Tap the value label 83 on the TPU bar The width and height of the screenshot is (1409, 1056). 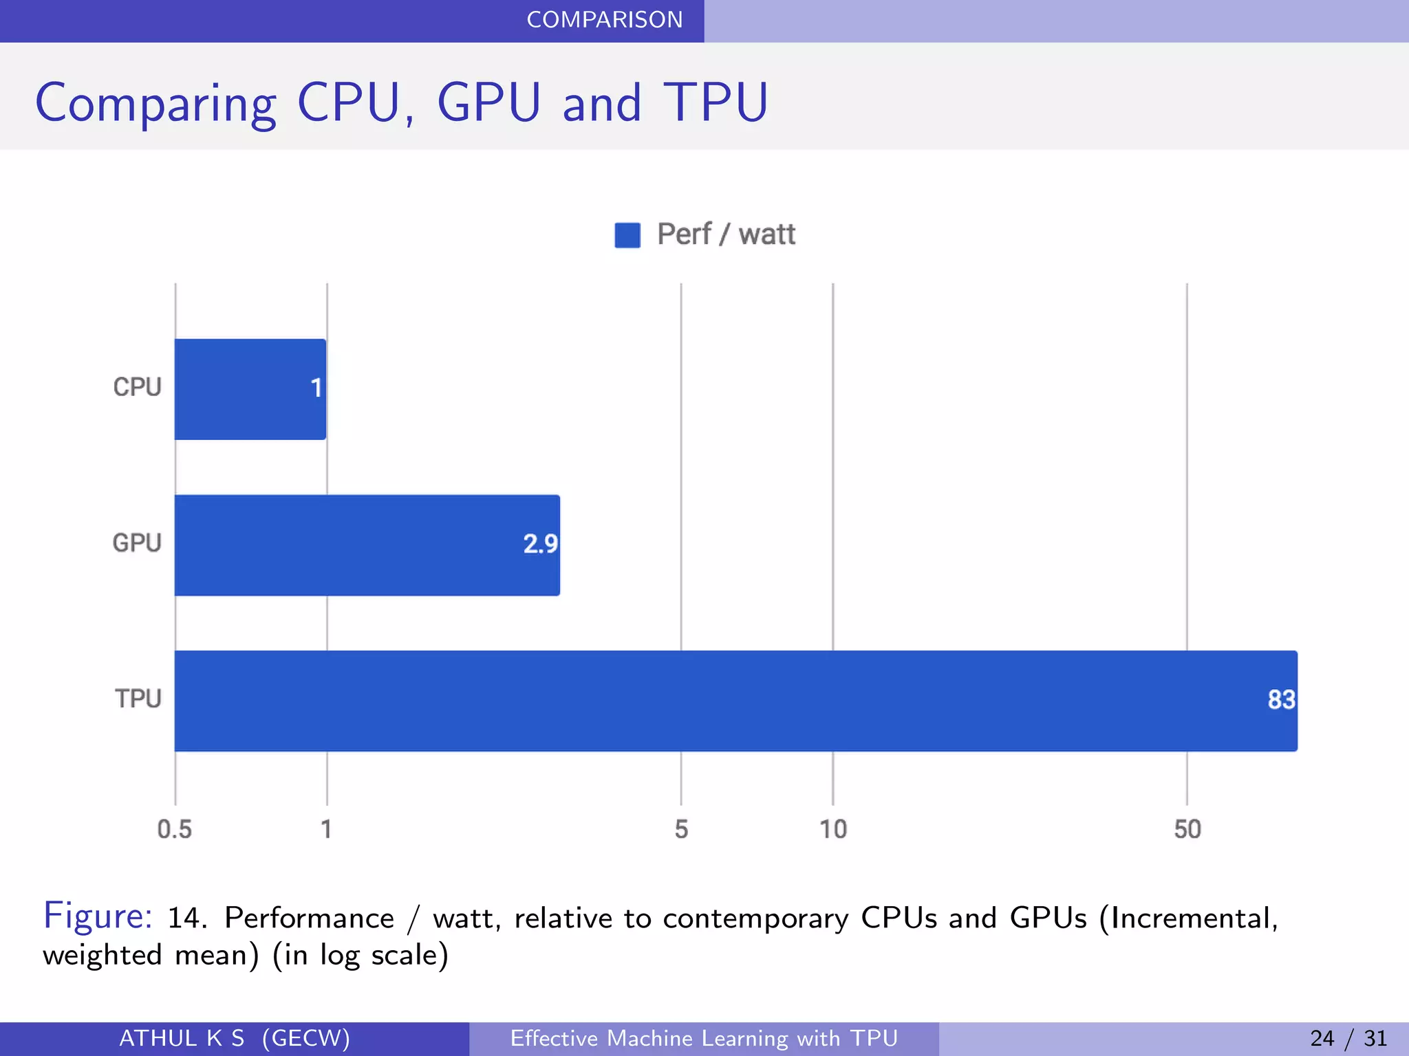tap(1281, 700)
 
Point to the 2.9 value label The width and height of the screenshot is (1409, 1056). tap(540, 544)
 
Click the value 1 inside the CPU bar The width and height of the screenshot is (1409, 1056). tap(316, 388)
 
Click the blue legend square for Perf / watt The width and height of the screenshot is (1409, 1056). tap(627, 235)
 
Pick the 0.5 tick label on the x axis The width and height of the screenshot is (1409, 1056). tap(174, 829)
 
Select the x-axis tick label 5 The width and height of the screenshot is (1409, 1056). tap(681, 829)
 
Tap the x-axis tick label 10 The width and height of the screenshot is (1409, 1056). tap(832, 829)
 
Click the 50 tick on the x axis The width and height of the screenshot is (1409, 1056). tap(1187, 829)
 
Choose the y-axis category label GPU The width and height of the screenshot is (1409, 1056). tap(137, 543)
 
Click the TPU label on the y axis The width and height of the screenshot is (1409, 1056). tap(138, 699)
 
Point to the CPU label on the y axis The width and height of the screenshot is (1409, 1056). tap(137, 387)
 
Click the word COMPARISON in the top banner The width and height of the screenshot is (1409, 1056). tap(604, 20)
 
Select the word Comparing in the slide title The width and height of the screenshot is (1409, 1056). tap(155, 103)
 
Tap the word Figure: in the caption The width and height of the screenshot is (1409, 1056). tap(98, 916)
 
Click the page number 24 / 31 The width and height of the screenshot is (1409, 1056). tap(1348, 1038)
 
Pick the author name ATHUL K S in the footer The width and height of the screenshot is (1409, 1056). tap(182, 1038)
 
